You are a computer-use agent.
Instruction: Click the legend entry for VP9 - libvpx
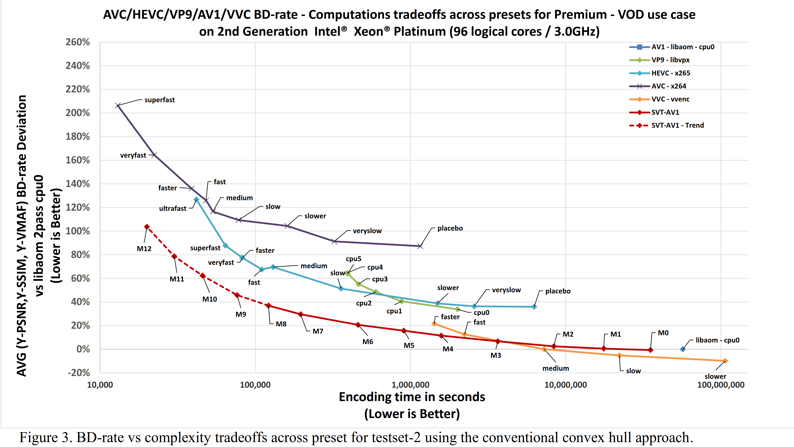[670, 60]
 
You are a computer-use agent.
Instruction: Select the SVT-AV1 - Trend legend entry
[677, 125]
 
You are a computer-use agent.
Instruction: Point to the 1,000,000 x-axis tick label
[410, 385]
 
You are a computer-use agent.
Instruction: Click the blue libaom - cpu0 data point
[683, 349]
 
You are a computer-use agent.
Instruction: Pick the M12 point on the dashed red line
[147, 227]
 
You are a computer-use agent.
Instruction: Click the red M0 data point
[650, 350]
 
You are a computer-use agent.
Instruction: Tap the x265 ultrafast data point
[196, 199]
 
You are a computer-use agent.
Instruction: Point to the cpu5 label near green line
[353, 259]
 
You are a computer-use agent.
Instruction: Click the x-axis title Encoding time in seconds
[412, 397]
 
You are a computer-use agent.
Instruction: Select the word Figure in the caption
[38, 438]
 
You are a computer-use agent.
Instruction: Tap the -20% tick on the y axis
[79, 373]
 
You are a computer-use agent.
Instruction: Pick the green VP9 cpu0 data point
[458, 309]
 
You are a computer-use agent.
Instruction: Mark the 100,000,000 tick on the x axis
[721, 385]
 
